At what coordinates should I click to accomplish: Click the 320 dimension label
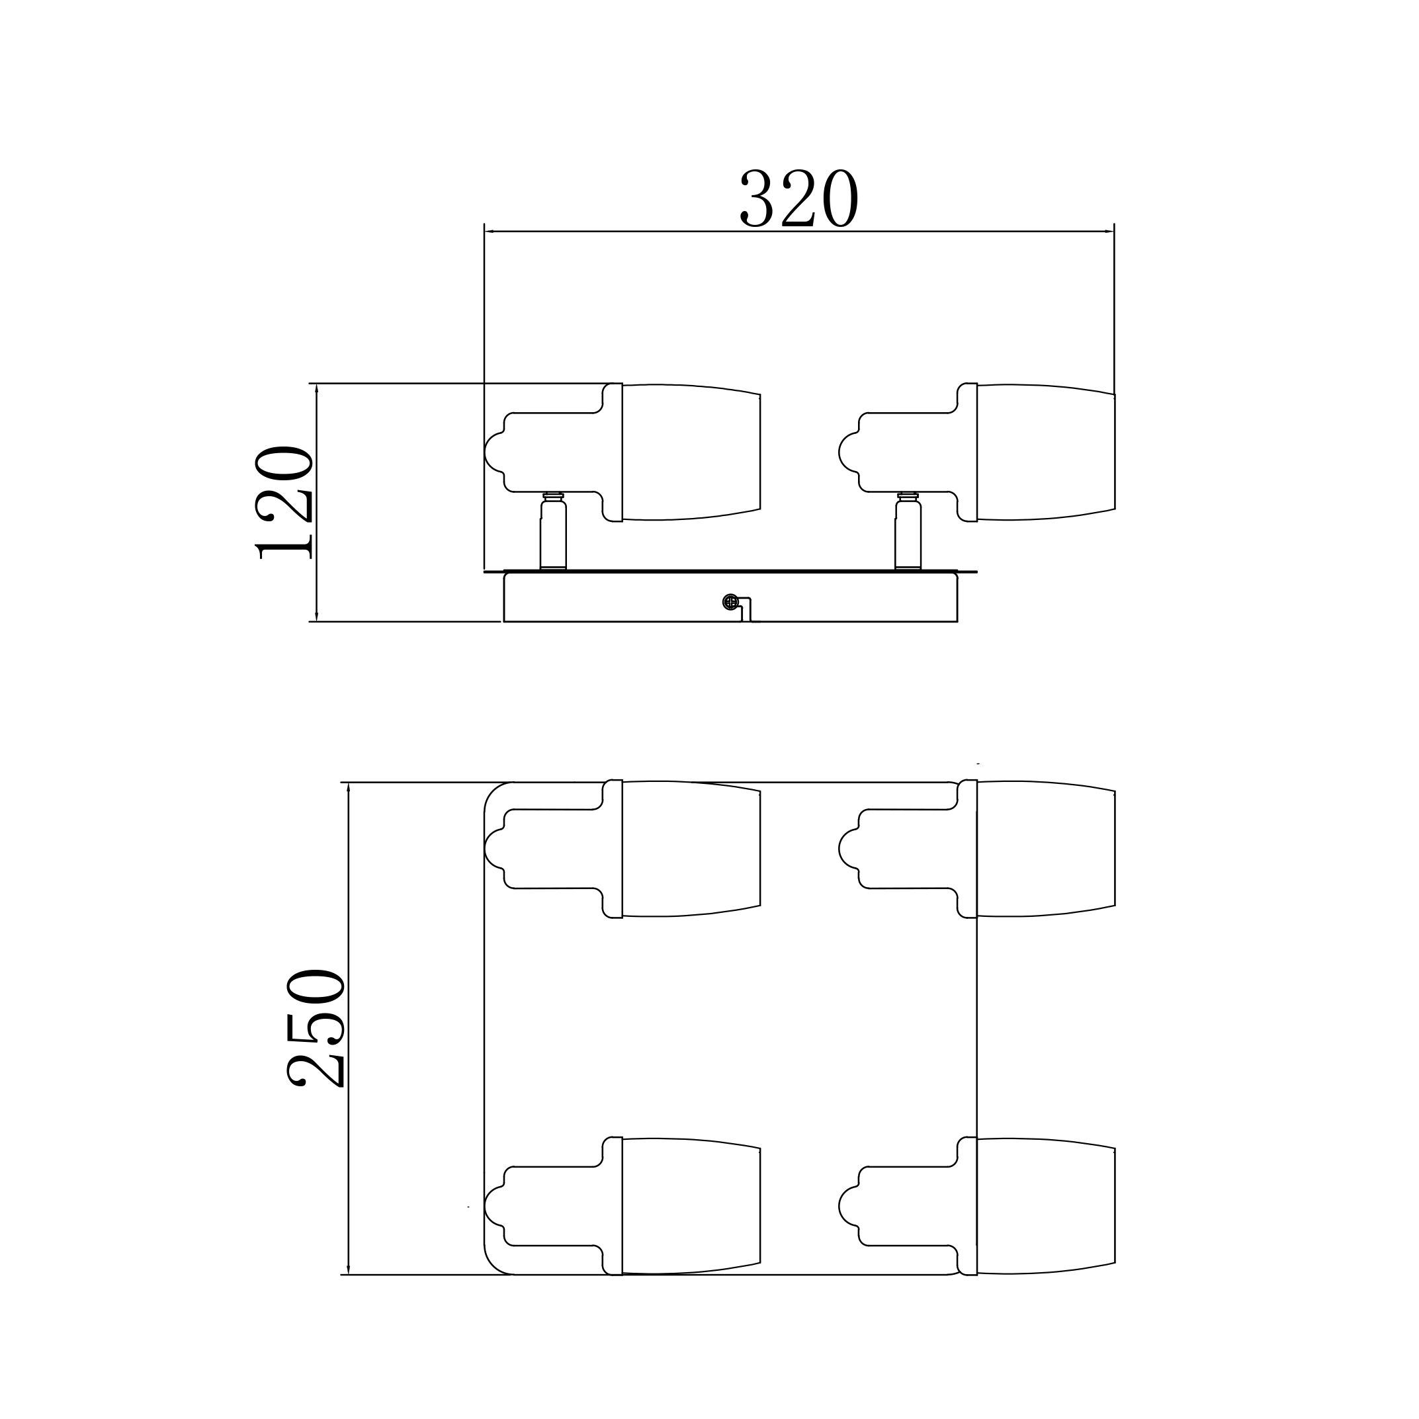pyautogui.click(x=798, y=198)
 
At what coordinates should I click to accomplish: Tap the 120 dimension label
pyautogui.click(x=284, y=503)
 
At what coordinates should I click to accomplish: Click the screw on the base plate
pyautogui.click(x=730, y=601)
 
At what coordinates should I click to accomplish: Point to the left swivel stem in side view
pyautogui.click(x=553, y=531)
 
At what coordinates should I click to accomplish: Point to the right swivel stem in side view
pyautogui.click(x=908, y=531)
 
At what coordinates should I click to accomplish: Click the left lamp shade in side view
pyautogui.click(x=691, y=452)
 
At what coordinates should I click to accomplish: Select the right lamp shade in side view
pyautogui.click(x=1046, y=452)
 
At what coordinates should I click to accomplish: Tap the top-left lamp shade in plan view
pyautogui.click(x=691, y=848)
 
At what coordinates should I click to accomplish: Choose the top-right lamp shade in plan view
pyautogui.click(x=1046, y=848)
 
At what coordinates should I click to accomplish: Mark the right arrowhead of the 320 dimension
pyautogui.click(x=1109, y=232)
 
